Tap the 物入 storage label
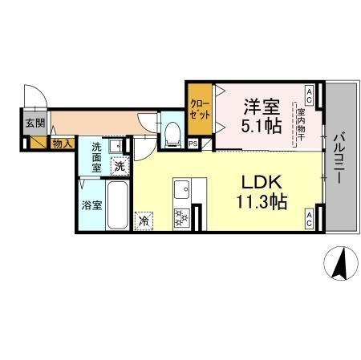[62, 144]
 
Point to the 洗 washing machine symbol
[119, 167]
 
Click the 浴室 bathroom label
[91, 204]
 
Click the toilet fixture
[171, 132]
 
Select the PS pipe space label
[193, 144]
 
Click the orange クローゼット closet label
[200, 109]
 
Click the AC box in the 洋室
[310, 91]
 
